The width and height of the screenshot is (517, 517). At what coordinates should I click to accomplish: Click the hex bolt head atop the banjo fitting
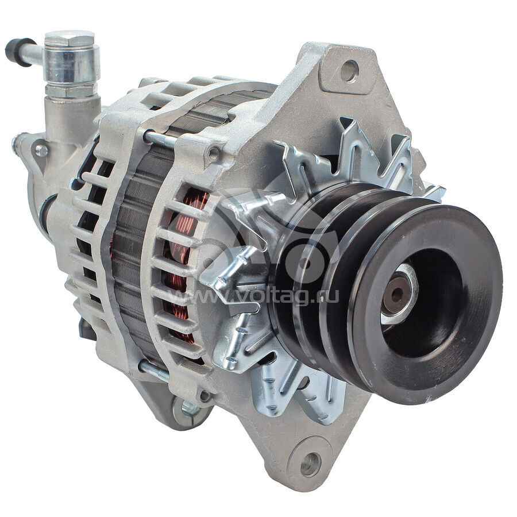(70, 38)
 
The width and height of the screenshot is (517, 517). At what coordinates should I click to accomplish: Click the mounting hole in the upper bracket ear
(349, 71)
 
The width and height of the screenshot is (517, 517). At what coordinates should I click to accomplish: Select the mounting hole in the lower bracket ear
(310, 465)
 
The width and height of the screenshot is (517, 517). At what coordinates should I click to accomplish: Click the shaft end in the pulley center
(395, 295)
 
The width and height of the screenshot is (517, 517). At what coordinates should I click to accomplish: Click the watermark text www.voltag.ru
(254, 296)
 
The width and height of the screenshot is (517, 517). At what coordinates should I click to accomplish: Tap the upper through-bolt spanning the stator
(160, 138)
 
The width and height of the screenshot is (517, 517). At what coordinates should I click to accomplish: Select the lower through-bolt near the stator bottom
(155, 371)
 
